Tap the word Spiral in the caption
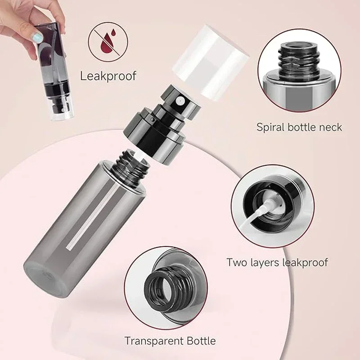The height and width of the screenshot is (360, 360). coord(271,127)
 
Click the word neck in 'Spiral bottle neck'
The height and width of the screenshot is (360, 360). coord(330,127)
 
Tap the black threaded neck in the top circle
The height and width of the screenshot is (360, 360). coord(296,58)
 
